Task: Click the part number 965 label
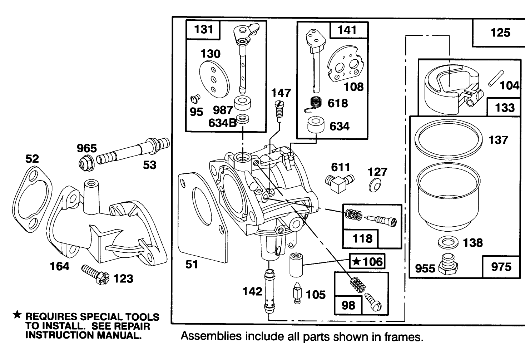point(87,148)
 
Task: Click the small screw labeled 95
point(194,97)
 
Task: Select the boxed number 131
point(203,29)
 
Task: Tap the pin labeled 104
point(495,79)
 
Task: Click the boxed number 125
point(500,33)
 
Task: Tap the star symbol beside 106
point(356,262)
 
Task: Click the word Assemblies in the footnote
point(204,336)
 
